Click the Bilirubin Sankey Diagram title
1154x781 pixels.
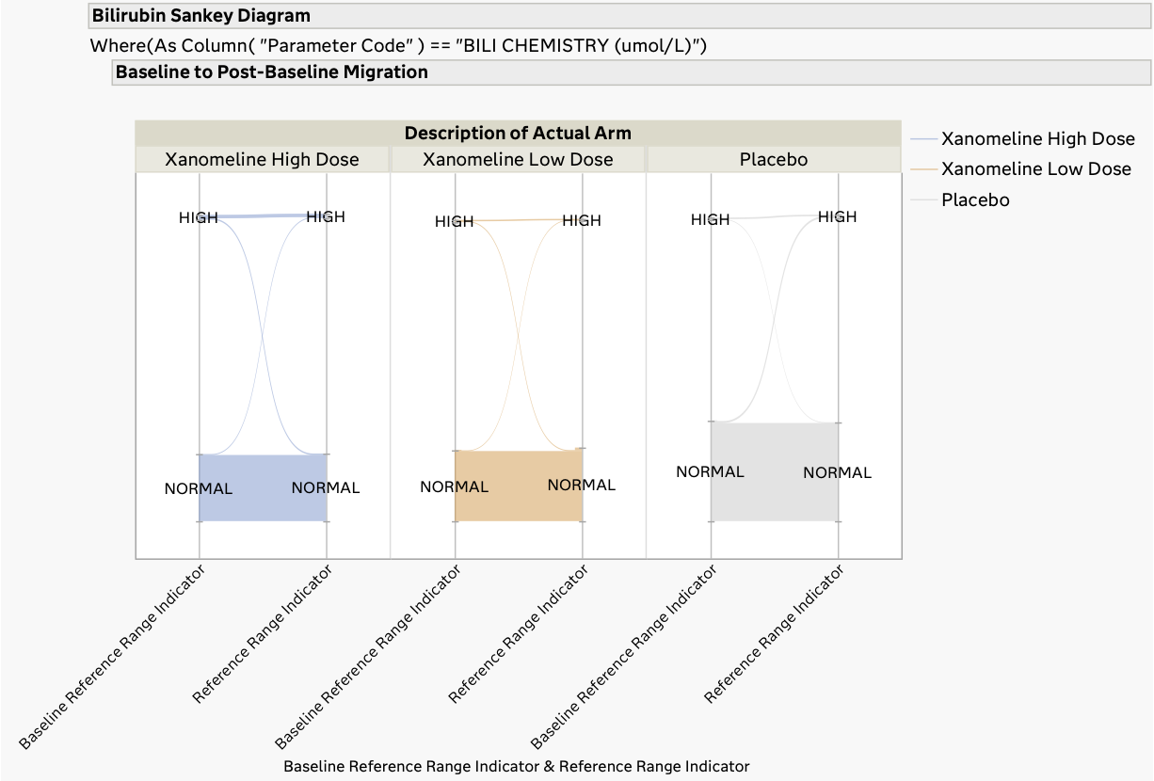point(200,16)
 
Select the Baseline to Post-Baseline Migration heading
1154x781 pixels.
point(271,72)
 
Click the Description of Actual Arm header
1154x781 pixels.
point(518,133)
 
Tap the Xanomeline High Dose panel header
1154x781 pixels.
point(262,159)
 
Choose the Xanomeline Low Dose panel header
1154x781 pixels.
point(518,159)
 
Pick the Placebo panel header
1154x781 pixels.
point(774,159)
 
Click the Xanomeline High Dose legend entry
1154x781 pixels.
point(1037,138)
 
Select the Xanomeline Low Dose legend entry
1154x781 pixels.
point(1035,168)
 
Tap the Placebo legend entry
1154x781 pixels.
point(975,199)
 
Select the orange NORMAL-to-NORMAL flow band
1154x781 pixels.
point(519,506)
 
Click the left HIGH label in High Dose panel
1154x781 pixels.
point(198,217)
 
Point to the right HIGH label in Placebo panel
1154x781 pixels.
point(837,216)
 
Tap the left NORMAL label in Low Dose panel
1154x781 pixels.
point(454,486)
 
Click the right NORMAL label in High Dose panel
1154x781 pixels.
point(326,487)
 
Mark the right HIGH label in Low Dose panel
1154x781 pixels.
point(581,220)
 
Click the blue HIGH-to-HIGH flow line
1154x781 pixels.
point(263,216)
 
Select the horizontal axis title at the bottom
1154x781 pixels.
point(516,766)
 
